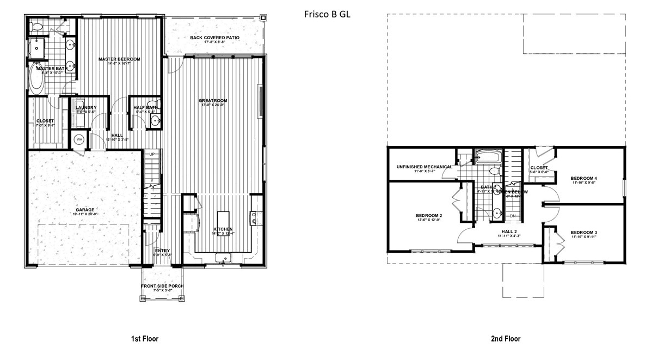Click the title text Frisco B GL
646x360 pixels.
click(327, 15)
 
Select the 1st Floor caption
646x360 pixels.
click(144, 339)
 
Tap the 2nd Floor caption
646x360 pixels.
click(506, 339)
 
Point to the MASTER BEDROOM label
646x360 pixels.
click(119, 59)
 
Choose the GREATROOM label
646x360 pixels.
click(212, 101)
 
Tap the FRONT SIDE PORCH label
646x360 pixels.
click(162, 286)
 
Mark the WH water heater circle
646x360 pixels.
click(79, 139)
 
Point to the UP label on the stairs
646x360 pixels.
click(152, 155)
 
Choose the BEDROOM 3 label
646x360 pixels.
click(584, 233)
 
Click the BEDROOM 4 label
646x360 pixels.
click(584, 178)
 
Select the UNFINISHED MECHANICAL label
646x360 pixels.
click(424, 167)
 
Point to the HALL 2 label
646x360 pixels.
click(509, 231)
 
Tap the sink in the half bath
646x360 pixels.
click(155, 121)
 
